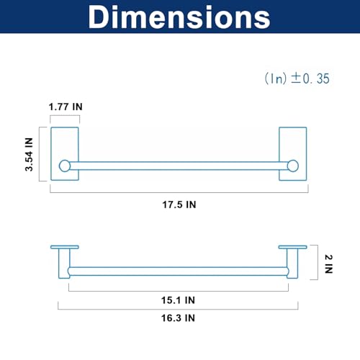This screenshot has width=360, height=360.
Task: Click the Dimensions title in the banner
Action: coord(179,17)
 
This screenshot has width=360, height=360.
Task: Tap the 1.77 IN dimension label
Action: coord(66,107)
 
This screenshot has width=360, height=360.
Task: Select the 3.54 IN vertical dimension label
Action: coord(29,154)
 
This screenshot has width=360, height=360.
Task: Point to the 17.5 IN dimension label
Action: coord(179,204)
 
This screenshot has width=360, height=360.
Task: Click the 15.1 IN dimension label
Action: coord(178,300)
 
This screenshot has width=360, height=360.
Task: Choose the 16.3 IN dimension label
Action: coord(178,318)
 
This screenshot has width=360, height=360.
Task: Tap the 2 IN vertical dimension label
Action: coord(329,264)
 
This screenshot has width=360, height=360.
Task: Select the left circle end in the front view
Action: coord(65,166)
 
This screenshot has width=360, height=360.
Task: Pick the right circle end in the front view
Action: coord(293,166)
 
